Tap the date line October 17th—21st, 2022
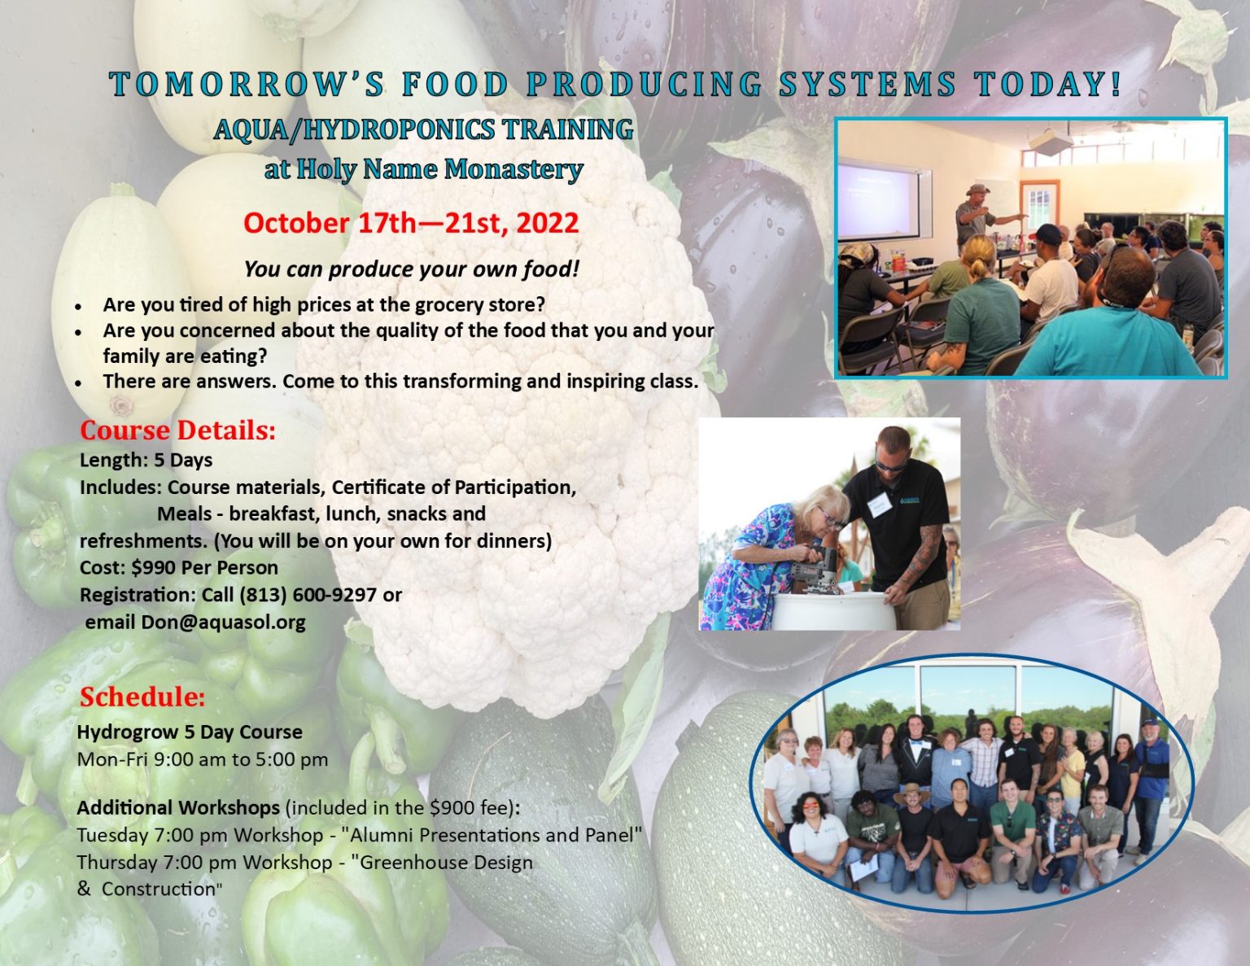411,223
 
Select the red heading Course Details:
177,430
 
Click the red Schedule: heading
142,697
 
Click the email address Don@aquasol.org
223,623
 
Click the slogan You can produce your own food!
411,269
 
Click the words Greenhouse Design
446,862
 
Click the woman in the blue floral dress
753,562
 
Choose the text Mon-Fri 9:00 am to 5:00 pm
203,759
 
